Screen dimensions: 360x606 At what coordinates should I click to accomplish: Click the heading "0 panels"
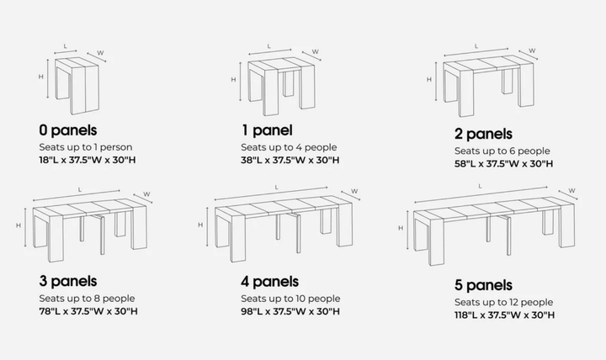67,130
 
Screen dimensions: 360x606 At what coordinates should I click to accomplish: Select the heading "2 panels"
482,134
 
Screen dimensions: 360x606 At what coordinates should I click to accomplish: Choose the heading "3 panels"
67,281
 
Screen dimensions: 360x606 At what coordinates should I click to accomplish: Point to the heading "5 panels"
483,285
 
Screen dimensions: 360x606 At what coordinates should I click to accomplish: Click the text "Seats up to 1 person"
85,146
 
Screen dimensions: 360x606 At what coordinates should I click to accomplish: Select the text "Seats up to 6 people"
502,150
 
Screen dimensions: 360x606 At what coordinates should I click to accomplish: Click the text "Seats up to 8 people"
86,298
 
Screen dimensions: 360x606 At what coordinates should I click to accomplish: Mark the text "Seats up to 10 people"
290,298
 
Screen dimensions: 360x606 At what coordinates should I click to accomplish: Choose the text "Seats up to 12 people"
503,302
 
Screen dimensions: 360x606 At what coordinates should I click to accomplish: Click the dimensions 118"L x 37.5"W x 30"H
505,315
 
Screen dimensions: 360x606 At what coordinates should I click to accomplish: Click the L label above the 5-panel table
480,186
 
